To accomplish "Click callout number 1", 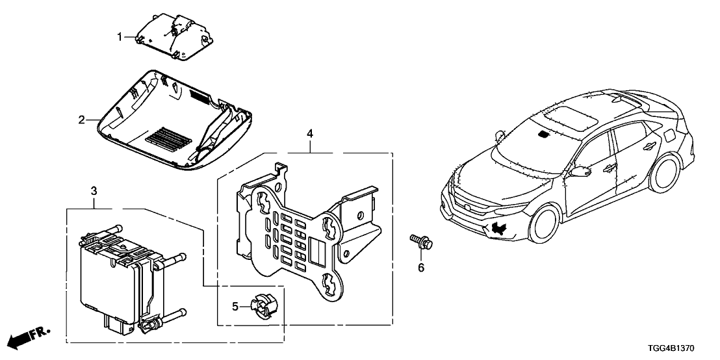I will click(x=120, y=37).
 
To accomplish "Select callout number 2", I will click(x=82, y=120).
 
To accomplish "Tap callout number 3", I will click(x=94, y=190).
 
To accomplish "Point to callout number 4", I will click(x=310, y=134).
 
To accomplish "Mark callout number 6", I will click(x=420, y=267).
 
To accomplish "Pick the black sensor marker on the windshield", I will click(x=543, y=135).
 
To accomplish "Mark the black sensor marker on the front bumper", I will click(x=500, y=227).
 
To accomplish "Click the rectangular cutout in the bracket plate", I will click(x=318, y=250).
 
